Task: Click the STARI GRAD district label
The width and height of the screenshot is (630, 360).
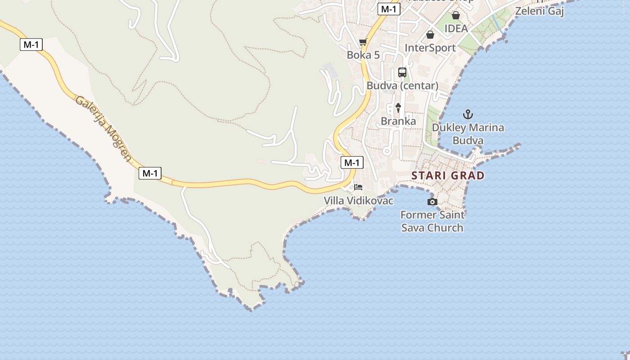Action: tap(448, 175)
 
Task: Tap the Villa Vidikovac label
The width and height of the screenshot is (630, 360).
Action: tap(359, 201)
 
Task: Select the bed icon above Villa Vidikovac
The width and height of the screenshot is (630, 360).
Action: tap(358, 187)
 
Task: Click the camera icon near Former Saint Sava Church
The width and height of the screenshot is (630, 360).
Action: tap(432, 202)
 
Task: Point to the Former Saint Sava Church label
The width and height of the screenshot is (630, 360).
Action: tap(432, 221)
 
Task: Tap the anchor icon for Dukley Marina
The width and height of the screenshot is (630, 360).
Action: tap(468, 114)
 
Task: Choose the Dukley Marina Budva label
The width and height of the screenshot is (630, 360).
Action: tap(468, 134)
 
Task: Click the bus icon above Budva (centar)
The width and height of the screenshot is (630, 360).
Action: tap(402, 72)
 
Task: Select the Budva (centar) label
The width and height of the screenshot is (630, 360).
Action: tap(402, 85)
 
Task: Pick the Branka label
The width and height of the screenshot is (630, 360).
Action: tap(398, 121)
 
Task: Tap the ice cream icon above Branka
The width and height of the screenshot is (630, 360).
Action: tap(398, 108)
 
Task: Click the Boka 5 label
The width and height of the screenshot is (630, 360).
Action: tap(363, 55)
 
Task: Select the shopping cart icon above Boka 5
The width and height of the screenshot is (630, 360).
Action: tap(363, 42)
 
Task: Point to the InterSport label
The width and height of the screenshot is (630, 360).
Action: tap(430, 48)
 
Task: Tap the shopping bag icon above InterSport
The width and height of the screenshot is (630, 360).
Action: tap(430, 35)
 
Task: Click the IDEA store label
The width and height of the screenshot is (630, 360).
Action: tap(456, 28)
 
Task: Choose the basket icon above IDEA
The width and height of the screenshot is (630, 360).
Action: tap(456, 16)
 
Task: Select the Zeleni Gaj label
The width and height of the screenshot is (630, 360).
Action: tap(539, 11)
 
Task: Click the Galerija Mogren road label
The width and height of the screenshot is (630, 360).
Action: tap(104, 128)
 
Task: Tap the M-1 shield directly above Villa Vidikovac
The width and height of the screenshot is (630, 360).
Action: tap(352, 163)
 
